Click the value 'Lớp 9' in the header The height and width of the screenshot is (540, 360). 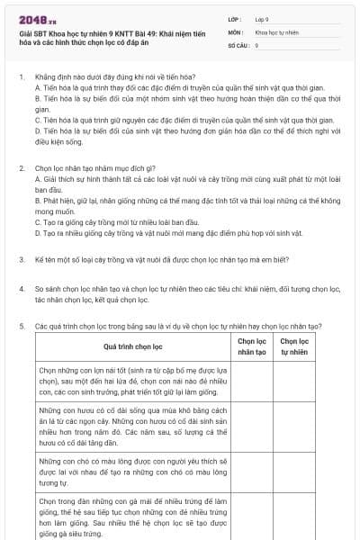(x=262, y=18)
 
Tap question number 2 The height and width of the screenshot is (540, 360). (x=21, y=168)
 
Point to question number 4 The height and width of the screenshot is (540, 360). (x=21, y=288)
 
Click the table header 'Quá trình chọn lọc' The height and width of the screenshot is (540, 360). (x=132, y=346)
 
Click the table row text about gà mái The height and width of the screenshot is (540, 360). (x=132, y=517)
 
